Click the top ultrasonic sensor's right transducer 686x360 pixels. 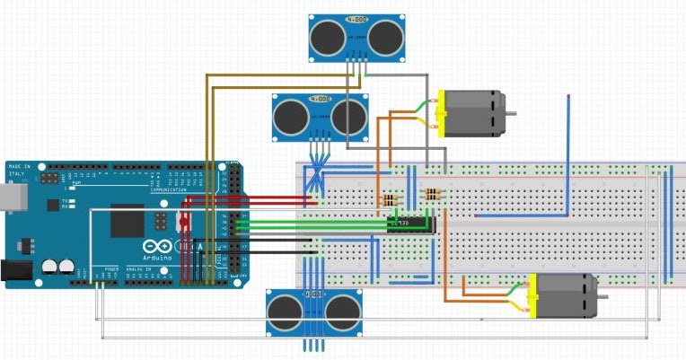pyautogui.click(x=384, y=38)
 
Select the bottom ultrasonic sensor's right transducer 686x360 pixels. pyautogui.click(x=343, y=312)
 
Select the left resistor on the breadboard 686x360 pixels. pyautogui.click(x=389, y=199)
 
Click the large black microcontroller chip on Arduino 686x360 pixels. pyautogui.click(x=128, y=221)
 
